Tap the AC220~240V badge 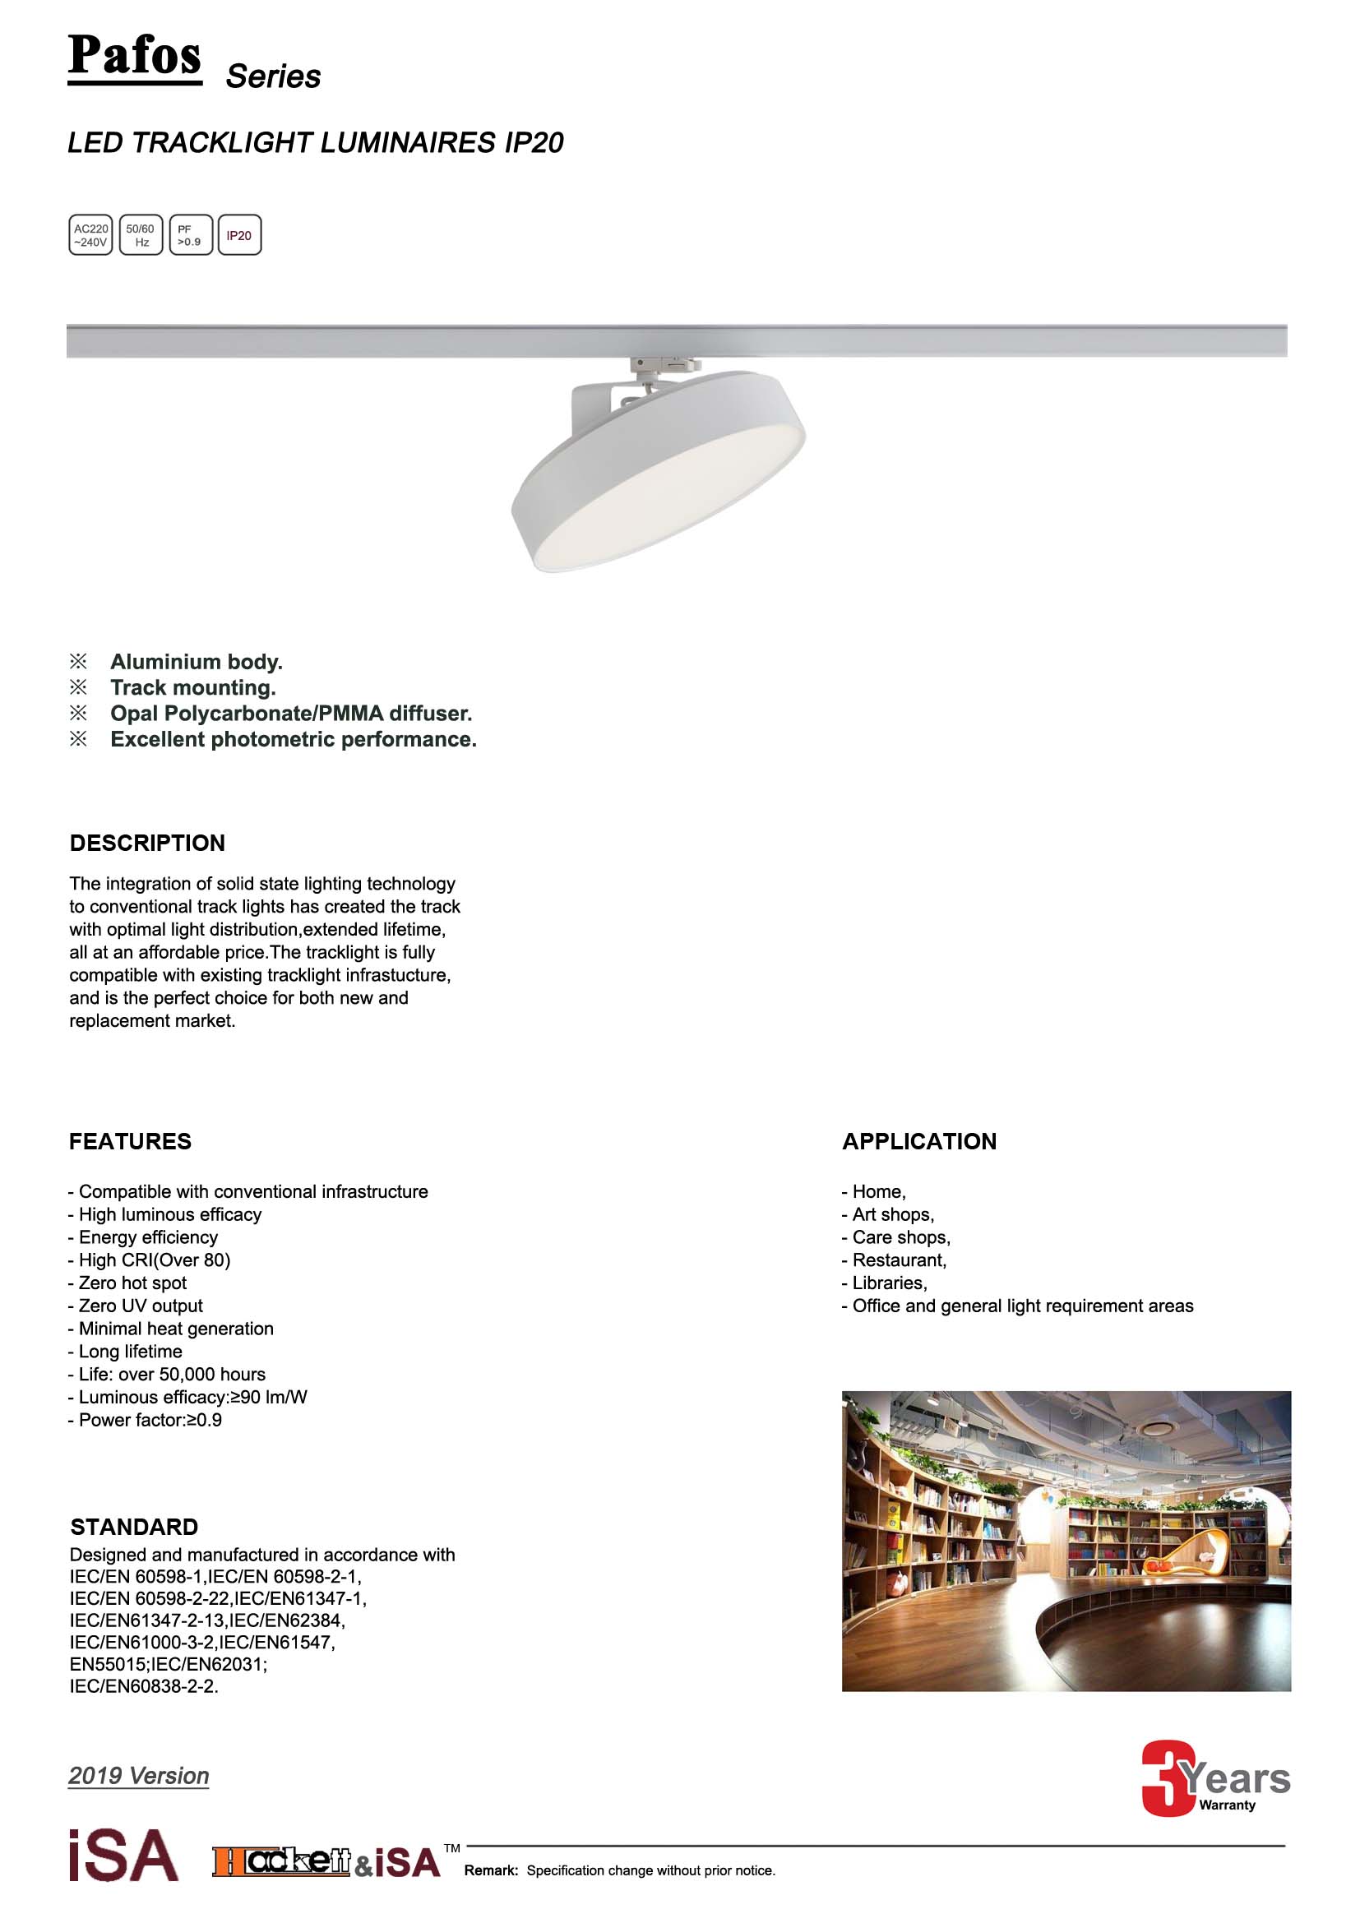[90, 235]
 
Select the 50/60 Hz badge [141, 235]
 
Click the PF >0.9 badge [190, 235]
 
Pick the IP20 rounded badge [239, 235]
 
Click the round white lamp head [660, 474]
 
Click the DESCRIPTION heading [147, 843]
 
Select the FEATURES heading [130, 1142]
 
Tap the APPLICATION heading [918, 1142]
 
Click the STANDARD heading [134, 1527]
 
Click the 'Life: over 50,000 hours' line [171, 1375]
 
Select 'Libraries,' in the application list [889, 1283]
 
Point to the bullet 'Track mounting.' [192, 687]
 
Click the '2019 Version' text [138, 1776]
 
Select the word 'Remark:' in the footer [492, 1870]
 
